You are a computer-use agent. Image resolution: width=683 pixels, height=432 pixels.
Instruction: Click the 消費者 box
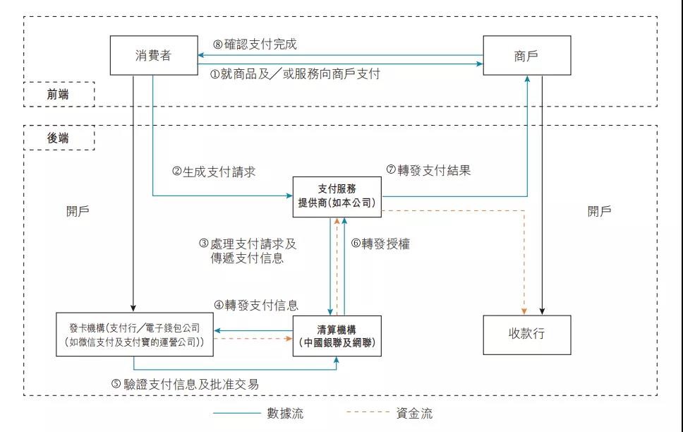point(154,55)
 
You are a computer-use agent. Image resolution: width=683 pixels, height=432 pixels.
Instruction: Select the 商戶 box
point(527,55)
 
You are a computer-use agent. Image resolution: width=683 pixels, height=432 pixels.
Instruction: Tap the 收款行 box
point(527,335)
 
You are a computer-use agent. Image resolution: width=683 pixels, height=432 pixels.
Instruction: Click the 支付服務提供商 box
point(337,197)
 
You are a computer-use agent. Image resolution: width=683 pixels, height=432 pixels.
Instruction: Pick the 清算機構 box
point(337,336)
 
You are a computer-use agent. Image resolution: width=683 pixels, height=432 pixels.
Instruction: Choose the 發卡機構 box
point(135,335)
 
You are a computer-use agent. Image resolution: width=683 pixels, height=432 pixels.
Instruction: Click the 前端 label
point(58,94)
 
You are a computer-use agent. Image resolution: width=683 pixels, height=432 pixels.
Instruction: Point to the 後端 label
point(58,138)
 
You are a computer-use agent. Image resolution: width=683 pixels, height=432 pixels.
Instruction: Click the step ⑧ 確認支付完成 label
point(255,44)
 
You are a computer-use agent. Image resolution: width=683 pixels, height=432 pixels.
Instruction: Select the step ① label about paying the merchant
point(295,73)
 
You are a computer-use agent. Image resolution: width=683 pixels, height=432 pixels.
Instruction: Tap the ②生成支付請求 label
point(213,172)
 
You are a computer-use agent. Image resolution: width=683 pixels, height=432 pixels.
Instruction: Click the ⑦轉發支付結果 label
point(428,170)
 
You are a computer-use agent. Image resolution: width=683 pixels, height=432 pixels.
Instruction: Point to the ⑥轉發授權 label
point(380,244)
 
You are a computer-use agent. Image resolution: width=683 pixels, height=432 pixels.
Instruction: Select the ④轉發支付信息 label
point(256,305)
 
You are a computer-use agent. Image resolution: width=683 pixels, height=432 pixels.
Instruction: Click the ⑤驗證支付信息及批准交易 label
point(185,384)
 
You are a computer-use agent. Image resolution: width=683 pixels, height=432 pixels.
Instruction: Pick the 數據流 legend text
point(285,413)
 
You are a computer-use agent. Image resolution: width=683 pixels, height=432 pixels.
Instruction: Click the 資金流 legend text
point(415,413)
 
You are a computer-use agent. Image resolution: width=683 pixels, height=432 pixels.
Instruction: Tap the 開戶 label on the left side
point(78,212)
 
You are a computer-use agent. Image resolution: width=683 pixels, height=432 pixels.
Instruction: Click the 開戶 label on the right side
point(599,212)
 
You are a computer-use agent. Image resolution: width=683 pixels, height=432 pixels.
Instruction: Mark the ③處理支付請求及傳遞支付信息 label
point(248,251)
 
